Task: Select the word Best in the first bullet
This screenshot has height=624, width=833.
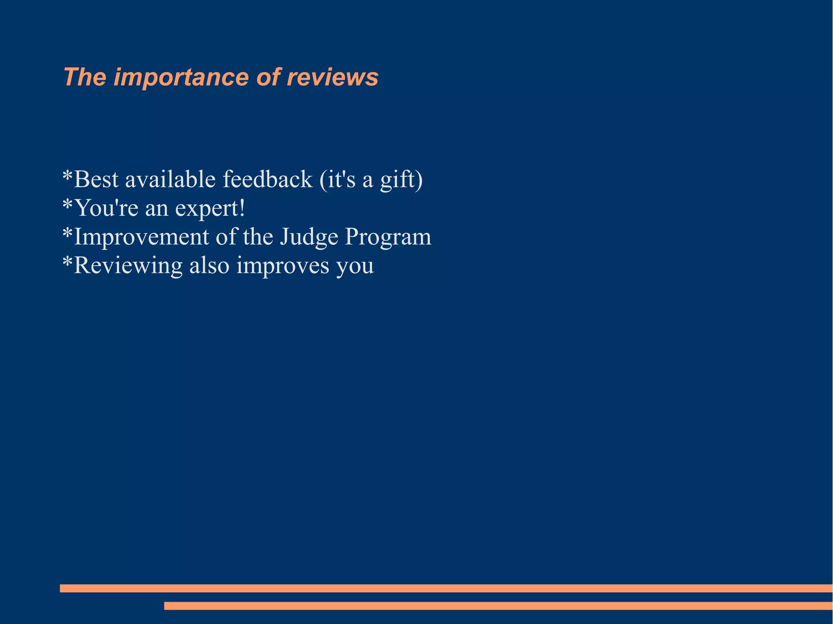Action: (96, 179)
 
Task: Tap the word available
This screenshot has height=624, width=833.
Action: (170, 179)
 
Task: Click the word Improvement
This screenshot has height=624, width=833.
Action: (142, 237)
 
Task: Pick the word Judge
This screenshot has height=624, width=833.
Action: (309, 237)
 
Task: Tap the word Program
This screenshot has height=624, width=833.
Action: (388, 237)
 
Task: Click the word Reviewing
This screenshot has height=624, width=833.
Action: (128, 266)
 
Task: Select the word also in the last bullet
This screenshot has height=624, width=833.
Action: (209, 265)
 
